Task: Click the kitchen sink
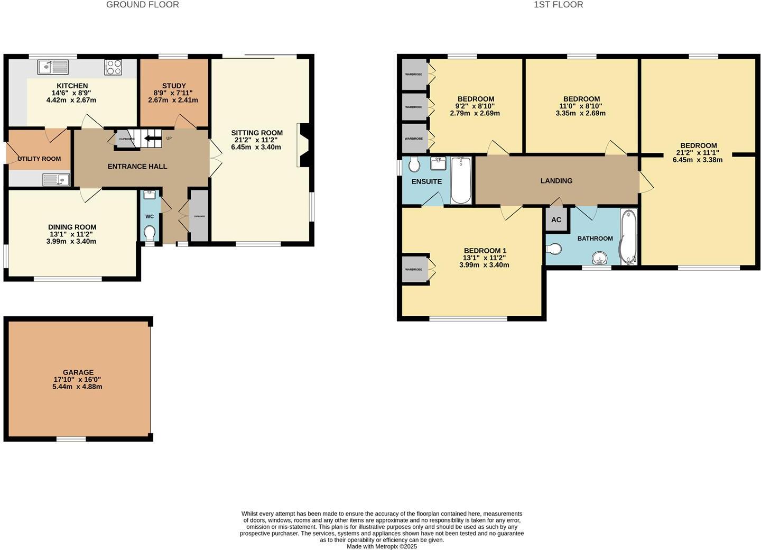click(x=53, y=67)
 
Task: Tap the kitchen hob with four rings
click(x=114, y=67)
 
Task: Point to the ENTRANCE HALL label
click(x=137, y=167)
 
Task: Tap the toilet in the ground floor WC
click(x=150, y=233)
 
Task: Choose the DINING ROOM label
click(x=72, y=227)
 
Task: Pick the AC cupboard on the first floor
click(x=556, y=220)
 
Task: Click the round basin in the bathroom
click(x=599, y=258)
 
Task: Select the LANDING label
click(x=556, y=181)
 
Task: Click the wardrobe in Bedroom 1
click(x=414, y=270)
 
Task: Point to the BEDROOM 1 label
click(x=485, y=251)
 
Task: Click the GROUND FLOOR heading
click(x=143, y=5)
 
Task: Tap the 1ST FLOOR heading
click(x=559, y=5)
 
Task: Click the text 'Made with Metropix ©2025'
click(x=382, y=546)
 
